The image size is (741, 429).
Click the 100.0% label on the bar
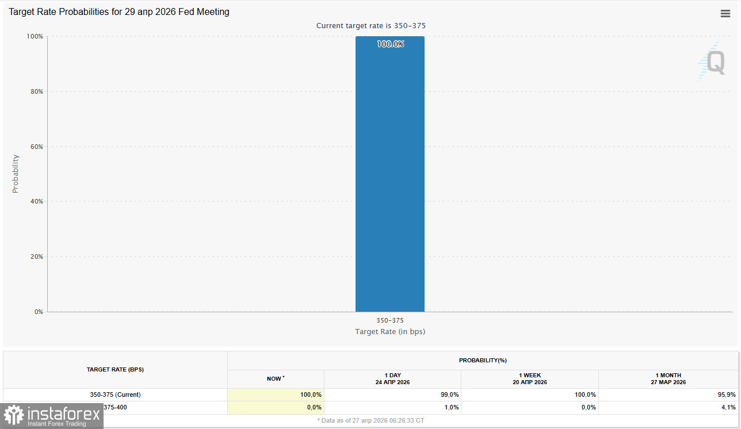click(390, 44)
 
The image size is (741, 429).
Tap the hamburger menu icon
click(725, 14)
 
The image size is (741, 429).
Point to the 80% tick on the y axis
click(36, 91)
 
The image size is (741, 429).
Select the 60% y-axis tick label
click(36, 147)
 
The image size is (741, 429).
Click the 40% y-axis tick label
click(36, 202)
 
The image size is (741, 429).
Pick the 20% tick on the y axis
click(36, 256)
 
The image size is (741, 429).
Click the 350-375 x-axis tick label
click(390, 320)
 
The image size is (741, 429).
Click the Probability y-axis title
click(16, 174)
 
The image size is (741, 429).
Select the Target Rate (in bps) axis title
click(390, 332)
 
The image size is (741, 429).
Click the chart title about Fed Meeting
click(119, 12)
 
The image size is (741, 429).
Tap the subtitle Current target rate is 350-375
click(371, 26)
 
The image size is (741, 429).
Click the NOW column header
click(276, 379)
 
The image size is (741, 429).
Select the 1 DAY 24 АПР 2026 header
click(392, 379)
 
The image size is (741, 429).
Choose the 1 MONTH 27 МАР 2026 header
click(668, 379)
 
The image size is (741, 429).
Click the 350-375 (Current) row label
click(115, 395)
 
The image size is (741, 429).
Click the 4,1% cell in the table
click(728, 408)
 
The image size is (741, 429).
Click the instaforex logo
click(53, 416)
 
